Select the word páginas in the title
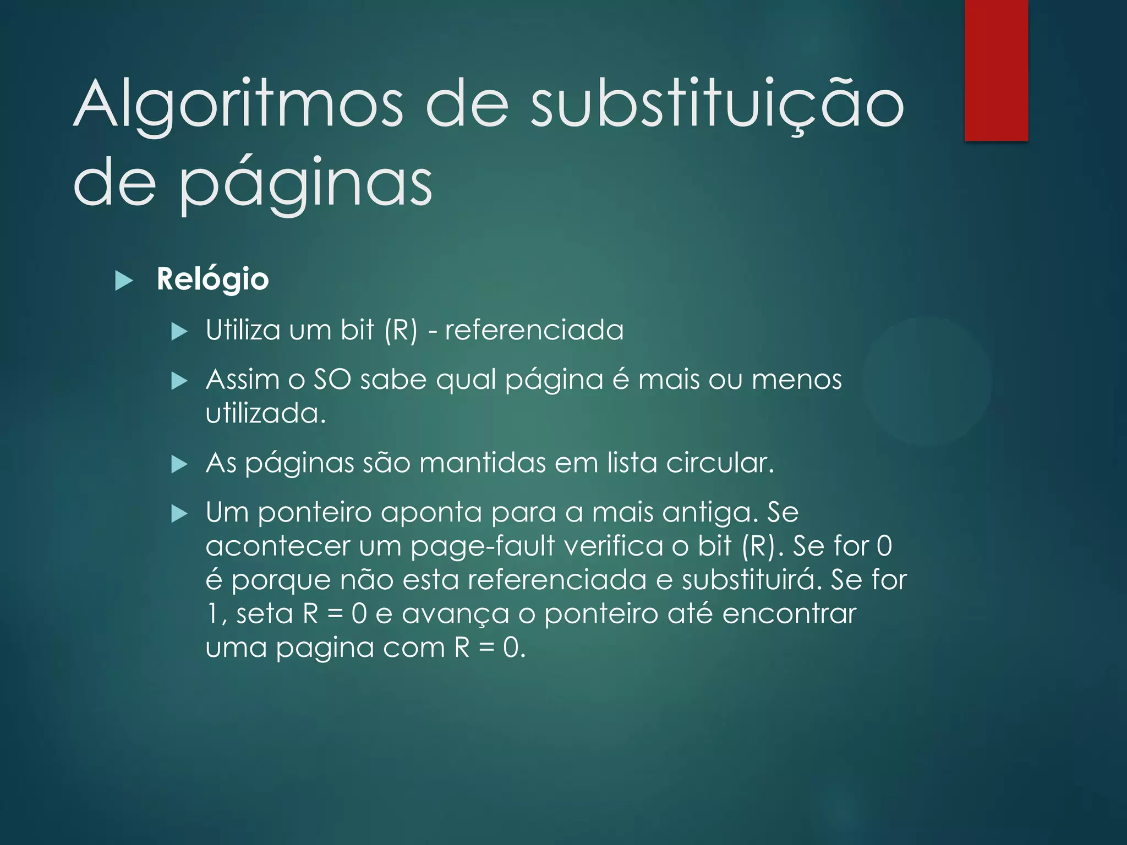pos(306,183)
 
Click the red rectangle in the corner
pos(996,70)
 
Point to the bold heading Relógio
pos(212,279)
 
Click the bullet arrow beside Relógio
pos(124,281)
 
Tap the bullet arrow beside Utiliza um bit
pos(179,332)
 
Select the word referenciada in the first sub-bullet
pos(534,330)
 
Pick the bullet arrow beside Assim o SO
pos(179,381)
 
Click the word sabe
pos(393,380)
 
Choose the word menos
pos(796,380)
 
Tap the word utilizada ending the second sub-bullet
pos(265,414)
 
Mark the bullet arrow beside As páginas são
pos(179,464)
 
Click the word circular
pos(719,463)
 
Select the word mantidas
pos(482,463)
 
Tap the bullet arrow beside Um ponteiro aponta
pos(179,514)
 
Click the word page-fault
pos(483,547)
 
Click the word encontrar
pos(789,614)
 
